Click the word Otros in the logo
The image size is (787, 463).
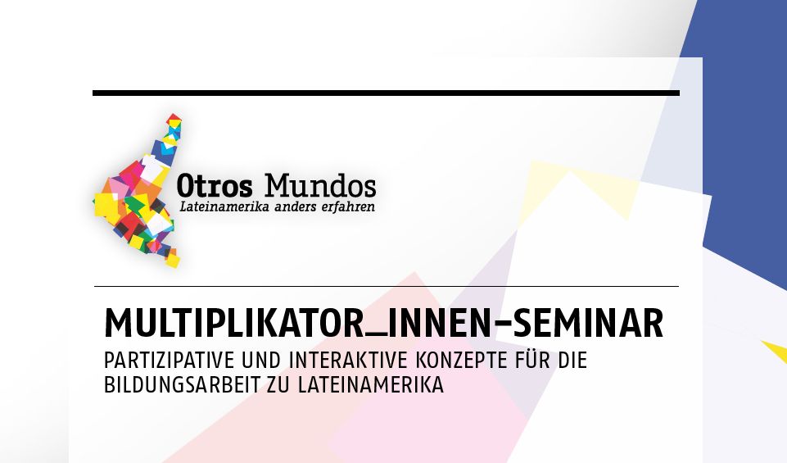215,186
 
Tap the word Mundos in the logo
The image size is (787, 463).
320,185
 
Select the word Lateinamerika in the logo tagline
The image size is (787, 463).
224,207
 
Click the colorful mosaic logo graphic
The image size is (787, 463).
138,191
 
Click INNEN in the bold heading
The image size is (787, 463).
439,323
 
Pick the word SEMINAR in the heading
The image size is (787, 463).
588,323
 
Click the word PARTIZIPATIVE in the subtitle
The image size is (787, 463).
170,361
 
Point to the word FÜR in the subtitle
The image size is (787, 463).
533,360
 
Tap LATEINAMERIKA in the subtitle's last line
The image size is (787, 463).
371,384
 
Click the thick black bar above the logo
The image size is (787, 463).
386,93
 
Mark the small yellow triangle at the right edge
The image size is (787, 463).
776,351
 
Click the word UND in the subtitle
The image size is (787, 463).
261,361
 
